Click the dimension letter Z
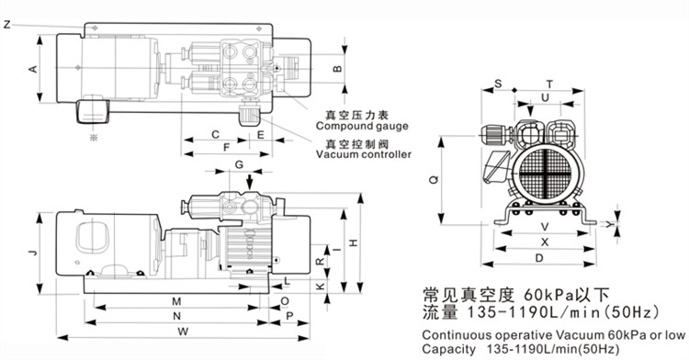pyautogui.click(x=7, y=24)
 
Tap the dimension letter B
pyautogui.click(x=337, y=69)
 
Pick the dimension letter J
pyautogui.click(x=31, y=252)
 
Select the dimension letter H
pyautogui.click(x=355, y=242)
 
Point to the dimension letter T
pyautogui.click(x=550, y=83)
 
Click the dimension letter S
pyautogui.click(x=497, y=83)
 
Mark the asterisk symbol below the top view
pyautogui.click(x=92, y=137)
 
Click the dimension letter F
pyautogui.click(x=226, y=147)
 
